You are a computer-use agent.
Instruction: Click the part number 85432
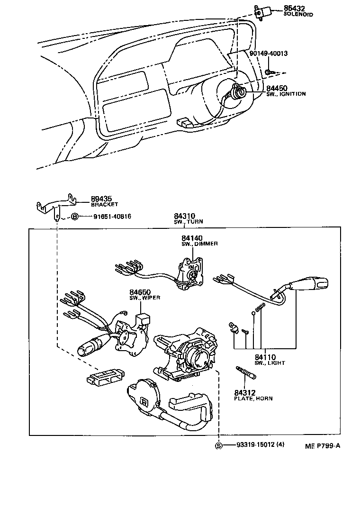294,9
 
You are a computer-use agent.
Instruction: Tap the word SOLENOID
298,15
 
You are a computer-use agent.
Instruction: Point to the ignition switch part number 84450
277,88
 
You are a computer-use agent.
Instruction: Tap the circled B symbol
74,217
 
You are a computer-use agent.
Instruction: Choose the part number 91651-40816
112,217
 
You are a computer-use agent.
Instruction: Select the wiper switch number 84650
141,292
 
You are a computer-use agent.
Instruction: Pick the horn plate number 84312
246,392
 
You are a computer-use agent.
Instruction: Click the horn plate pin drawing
246,372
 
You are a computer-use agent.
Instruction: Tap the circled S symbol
218,445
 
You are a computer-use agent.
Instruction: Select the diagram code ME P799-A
323,446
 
